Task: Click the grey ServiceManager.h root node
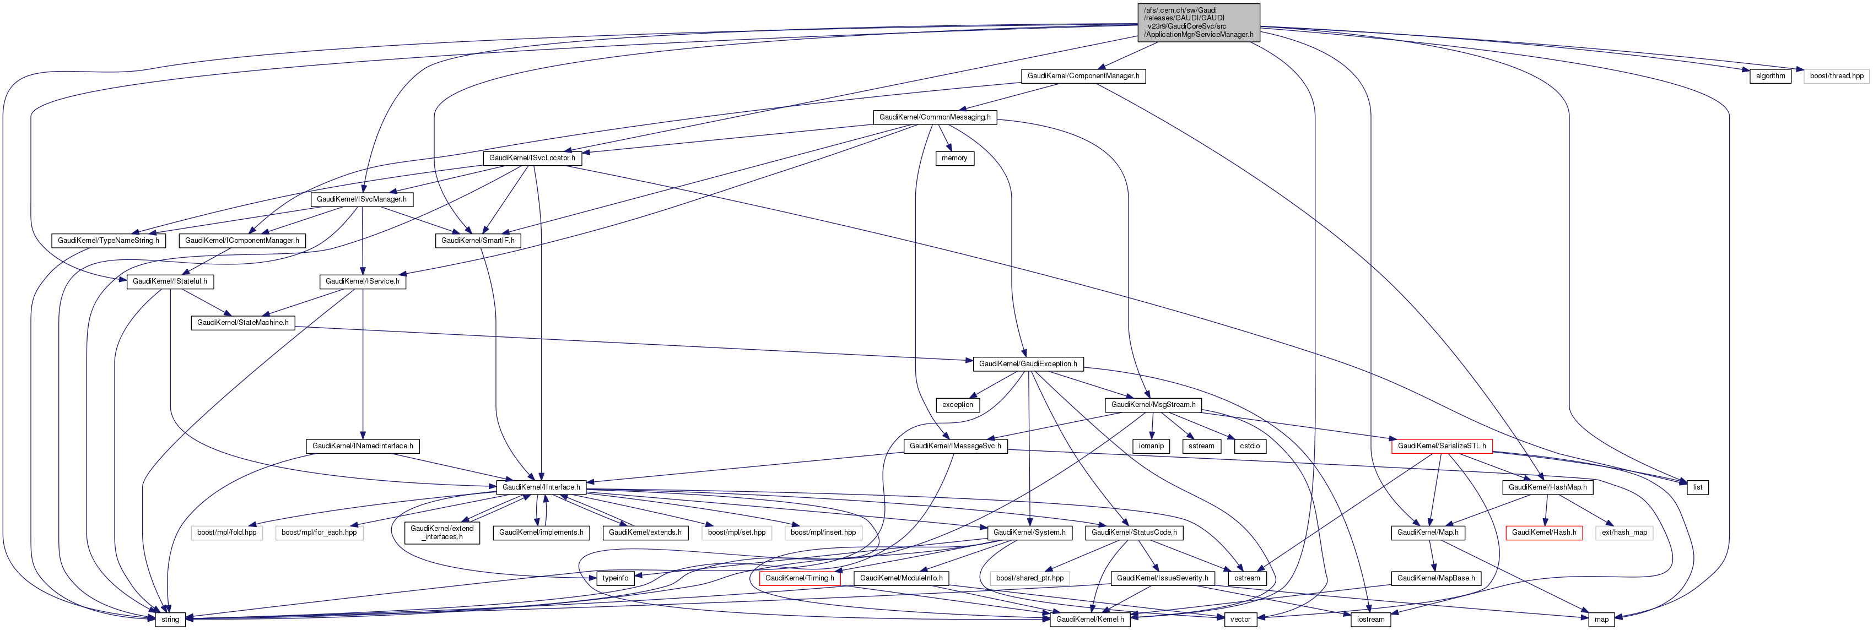tap(1199, 23)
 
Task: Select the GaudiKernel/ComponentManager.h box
tap(1083, 75)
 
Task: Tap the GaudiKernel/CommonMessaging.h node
tap(935, 117)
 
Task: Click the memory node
tap(954, 157)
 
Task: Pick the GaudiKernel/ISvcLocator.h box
tap(532, 157)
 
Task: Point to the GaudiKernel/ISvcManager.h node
tap(361, 199)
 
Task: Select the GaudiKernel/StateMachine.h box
tap(243, 323)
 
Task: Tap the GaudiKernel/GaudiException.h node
tap(1027, 363)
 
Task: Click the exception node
tap(958, 405)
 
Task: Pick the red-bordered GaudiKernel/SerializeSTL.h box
tap(1441, 446)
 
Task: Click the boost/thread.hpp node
tap(1837, 75)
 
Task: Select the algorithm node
tap(1771, 75)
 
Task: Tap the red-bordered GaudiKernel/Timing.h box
tap(799, 578)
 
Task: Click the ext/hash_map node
tap(1624, 533)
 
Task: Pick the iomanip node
tap(1151, 446)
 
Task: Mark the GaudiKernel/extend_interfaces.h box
tap(442, 533)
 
